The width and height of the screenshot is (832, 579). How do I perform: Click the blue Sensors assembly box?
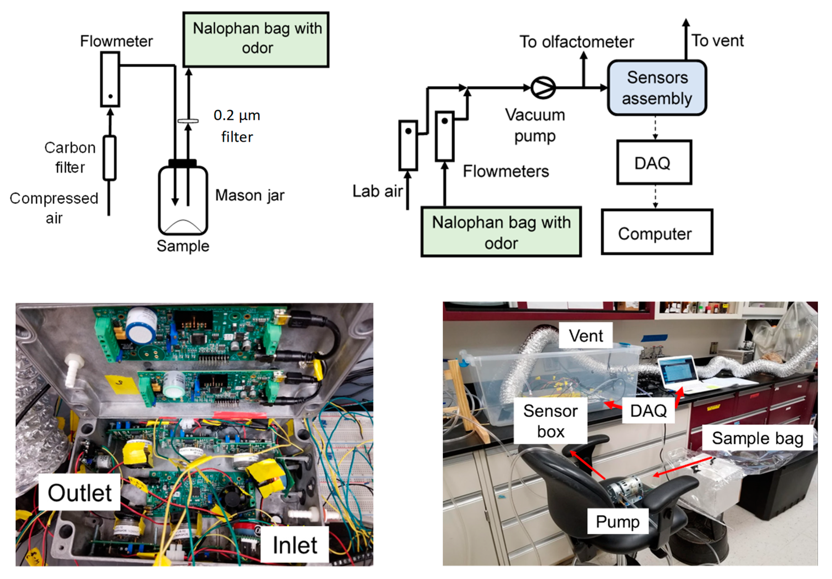(657, 88)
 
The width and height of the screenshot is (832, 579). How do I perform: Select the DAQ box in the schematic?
(654, 162)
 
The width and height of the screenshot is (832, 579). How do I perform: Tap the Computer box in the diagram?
(657, 232)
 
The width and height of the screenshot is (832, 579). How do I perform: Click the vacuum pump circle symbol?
(542, 88)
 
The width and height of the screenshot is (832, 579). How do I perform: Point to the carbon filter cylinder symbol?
(110, 158)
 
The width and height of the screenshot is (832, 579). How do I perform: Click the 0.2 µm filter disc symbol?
(188, 121)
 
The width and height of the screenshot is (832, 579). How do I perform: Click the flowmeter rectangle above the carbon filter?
(110, 79)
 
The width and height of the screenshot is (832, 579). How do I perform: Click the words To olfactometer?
(576, 42)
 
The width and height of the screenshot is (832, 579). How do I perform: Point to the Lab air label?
(377, 191)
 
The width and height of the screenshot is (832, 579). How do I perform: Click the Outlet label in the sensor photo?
(79, 493)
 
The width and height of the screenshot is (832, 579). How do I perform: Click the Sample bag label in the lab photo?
(757, 438)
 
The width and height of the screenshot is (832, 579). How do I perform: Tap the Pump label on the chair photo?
(617, 521)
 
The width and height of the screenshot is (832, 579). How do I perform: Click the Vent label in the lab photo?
(586, 336)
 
